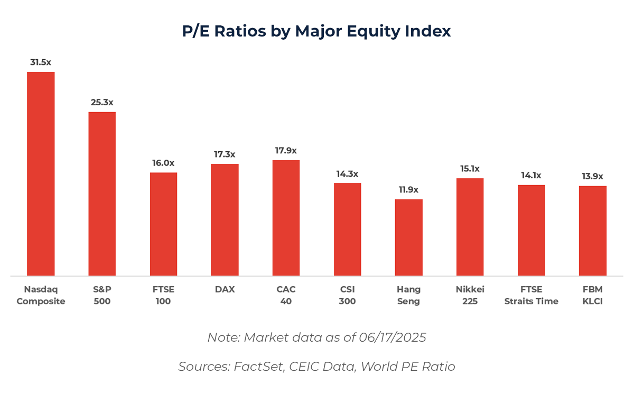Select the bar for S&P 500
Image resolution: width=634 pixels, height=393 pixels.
coord(102,194)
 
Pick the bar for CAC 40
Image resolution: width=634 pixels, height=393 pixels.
coord(286,217)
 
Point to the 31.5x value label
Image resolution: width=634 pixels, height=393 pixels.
coord(41,62)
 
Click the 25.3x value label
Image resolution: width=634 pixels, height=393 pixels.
coord(102,102)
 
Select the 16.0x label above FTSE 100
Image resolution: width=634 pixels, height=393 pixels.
coord(163,163)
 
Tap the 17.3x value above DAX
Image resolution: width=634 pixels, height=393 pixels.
coord(225,154)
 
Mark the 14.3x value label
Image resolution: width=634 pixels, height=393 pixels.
coord(347,173)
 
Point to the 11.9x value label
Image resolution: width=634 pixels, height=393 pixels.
coord(408,189)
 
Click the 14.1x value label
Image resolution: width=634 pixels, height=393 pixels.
coord(531,175)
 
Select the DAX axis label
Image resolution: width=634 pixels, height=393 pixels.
coord(225,289)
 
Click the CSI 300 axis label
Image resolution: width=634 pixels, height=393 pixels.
coord(347,295)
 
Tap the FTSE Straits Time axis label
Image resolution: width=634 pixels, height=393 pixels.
coord(531,295)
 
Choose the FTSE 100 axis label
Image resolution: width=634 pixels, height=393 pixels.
coord(163,295)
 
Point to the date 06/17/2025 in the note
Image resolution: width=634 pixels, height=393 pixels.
coord(394,337)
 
